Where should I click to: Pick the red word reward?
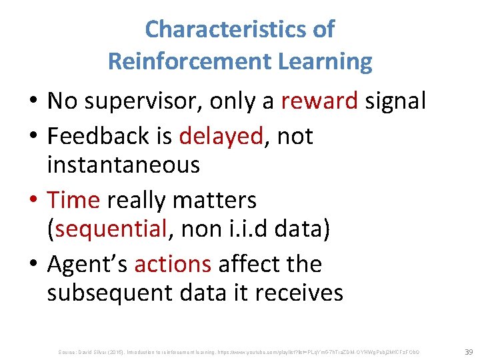319,101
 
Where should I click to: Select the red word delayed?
221,136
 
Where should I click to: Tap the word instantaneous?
123,165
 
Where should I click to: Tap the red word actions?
173,264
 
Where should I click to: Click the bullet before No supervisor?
33,102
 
